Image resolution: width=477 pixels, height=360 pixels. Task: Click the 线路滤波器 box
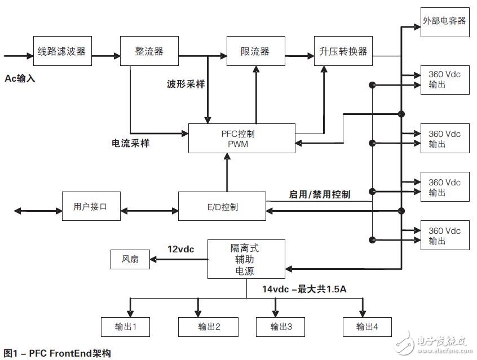pos(61,51)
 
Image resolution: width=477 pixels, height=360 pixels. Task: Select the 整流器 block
pos(149,51)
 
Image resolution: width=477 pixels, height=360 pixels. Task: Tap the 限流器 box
pos(255,51)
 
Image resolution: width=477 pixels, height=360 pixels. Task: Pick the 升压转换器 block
pos(344,51)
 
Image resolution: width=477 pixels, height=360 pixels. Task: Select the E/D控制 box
pos(222,206)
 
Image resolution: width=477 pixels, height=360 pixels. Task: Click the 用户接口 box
pos(90,206)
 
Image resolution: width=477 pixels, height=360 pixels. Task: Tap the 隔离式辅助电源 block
pos(246,259)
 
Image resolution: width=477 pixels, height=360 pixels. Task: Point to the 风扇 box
pos(130,260)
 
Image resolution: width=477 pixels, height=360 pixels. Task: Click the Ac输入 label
pos(20,78)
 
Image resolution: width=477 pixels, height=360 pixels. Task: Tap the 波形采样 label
pos(185,84)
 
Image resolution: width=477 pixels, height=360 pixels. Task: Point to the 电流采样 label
pos(130,143)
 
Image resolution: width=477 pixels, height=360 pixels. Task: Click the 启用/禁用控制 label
pos(319,194)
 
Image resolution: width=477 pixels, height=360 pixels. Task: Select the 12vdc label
pos(182,248)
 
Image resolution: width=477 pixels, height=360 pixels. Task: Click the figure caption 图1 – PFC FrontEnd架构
pos(57,353)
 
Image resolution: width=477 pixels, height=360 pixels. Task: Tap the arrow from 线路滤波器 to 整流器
pos(105,55)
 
